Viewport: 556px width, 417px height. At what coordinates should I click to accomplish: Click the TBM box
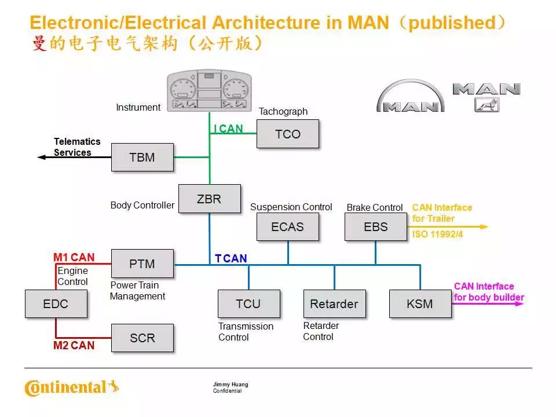click(x=142, y=157)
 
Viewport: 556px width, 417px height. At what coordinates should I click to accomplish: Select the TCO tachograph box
click(x=288, y=134)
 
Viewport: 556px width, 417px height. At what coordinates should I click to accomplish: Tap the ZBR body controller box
click(x=209, y=199)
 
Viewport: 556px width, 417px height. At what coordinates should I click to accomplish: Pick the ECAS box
click(x=287, y=226)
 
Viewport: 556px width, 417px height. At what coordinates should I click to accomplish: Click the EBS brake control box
click(x=375, y=226)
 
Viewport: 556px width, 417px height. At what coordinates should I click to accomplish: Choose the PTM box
click(x=142, y=264)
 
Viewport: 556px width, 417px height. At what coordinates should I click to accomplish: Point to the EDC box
click(x=56, y=303)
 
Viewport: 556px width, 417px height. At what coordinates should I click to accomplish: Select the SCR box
click(x=142, y=338)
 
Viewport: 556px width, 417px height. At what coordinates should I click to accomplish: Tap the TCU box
click(x=248, y=303)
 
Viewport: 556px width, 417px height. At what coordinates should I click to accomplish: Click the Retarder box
click(x=334, y=303)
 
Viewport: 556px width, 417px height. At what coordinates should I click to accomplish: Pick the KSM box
click(x=420, y=303)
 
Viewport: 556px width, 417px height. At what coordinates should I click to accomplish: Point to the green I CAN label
click(x=228, y=129)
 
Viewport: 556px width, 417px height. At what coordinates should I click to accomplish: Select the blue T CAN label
click(x=231, y=258)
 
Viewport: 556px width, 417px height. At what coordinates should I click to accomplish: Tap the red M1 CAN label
click(x=74, y=257)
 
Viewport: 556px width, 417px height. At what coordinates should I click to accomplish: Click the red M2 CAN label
click(x=74, y=346)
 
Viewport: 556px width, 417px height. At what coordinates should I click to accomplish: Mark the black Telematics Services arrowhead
click(x=41, y=157)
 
